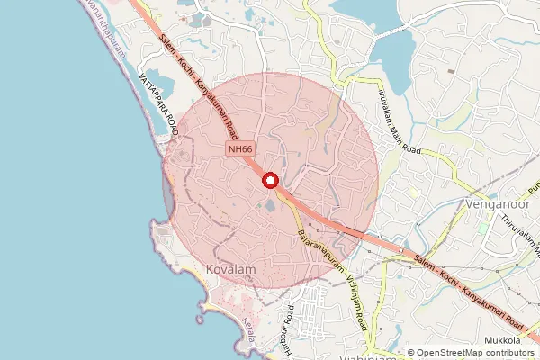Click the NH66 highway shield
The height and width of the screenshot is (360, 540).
click(239, 149)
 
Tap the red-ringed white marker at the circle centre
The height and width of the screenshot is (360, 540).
click(270, 181)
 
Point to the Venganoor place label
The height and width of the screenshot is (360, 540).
click(499, 205)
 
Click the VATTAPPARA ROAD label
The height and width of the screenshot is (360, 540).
click(157, 106)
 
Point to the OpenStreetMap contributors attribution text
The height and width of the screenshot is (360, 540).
click(476, 352)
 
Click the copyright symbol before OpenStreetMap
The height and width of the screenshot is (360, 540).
click(411, 352)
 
